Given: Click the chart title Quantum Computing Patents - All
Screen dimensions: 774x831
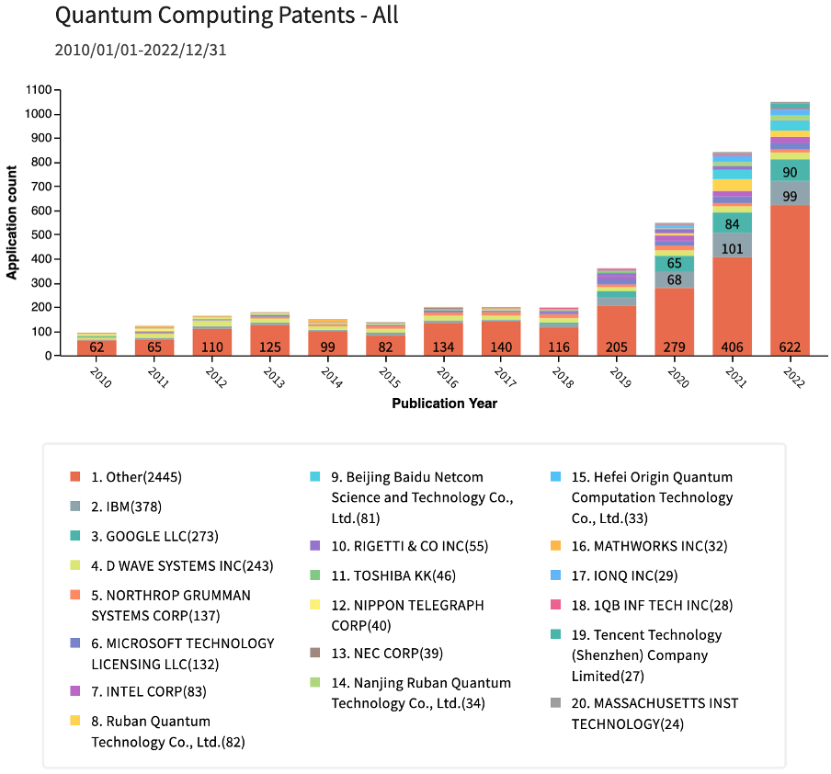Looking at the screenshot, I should [226, 16].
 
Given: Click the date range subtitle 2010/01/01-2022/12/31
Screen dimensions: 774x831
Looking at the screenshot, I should [141, 50].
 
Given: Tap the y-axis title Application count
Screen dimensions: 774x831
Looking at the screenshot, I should [13, 222].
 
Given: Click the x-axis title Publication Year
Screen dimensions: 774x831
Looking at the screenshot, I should [444, 404].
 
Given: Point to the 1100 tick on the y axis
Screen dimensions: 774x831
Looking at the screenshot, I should [40, 90].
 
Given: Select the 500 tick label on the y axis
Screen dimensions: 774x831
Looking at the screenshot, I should [44, 235].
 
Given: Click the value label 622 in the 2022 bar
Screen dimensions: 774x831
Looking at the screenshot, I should [790, 347].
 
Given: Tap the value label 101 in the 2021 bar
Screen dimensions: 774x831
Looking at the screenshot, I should [732, 247].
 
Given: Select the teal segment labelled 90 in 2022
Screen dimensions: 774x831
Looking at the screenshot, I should [790, 172].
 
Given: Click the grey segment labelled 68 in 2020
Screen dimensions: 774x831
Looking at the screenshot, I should [674, 279].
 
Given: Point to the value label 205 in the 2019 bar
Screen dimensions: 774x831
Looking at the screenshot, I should [616, 347].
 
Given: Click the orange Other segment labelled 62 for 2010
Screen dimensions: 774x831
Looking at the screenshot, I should [97, 347].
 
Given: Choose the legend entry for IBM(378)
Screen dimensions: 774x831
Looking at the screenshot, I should [129, 507].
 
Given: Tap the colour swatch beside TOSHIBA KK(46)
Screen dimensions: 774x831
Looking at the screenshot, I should [315, 575].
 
